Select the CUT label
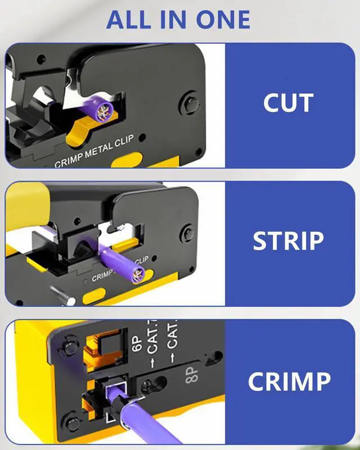(288, 104)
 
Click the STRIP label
(288, 241)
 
